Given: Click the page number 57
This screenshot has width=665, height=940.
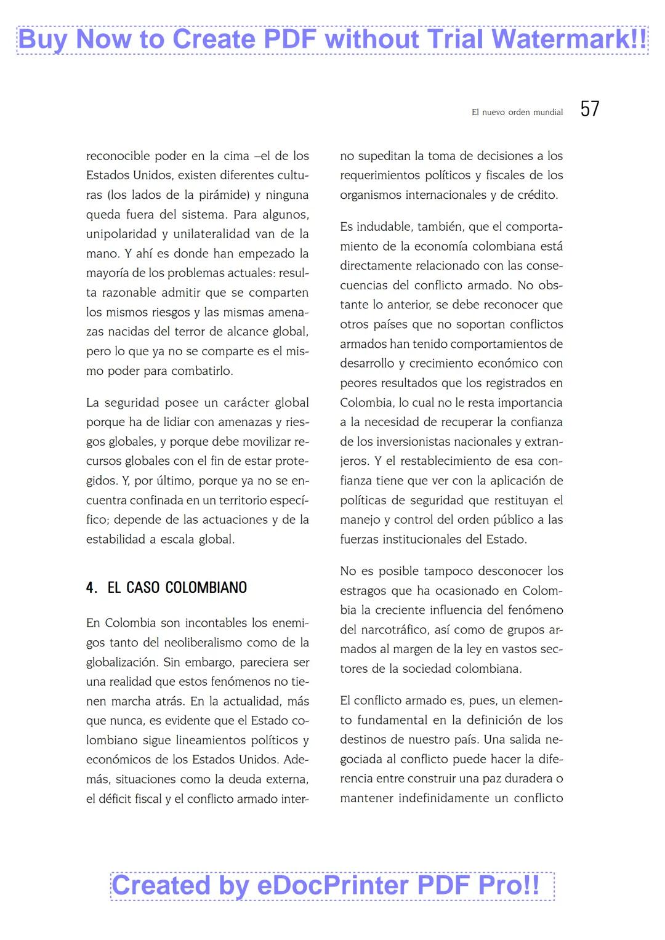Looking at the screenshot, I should pyautogui.click(x=589, y=109).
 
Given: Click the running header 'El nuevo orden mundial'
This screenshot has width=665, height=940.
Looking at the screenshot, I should pyautogui.click(x=517, y=112).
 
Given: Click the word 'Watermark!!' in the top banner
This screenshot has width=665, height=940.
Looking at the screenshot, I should pyautogui.click(x=569, y=39).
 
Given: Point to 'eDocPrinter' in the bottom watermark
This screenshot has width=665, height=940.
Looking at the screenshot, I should pyautogui.click(x=333, y=885).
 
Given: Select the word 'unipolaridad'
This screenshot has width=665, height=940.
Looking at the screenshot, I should pyautogui.click(x=121, y=234).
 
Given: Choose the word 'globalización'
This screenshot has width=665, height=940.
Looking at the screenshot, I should pyautogui.click(x=121, y=662).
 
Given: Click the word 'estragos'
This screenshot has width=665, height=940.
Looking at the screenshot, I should pyautogui.click(x=363, y=591).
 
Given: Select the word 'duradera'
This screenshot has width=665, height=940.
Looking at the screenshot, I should pyautogui.click(x=528, y=779).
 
